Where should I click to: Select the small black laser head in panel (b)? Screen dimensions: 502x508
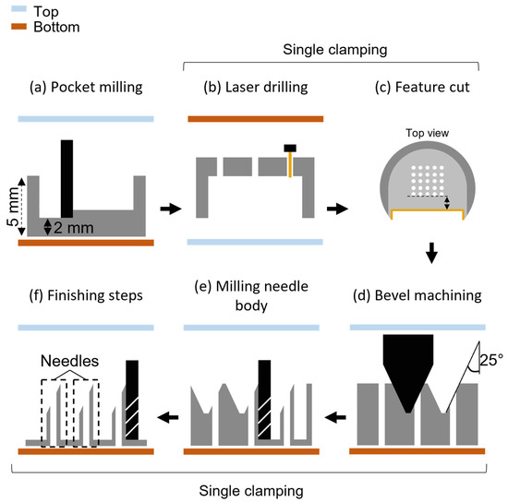pos(289,148)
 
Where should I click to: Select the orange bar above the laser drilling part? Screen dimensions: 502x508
pos(256,119)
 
